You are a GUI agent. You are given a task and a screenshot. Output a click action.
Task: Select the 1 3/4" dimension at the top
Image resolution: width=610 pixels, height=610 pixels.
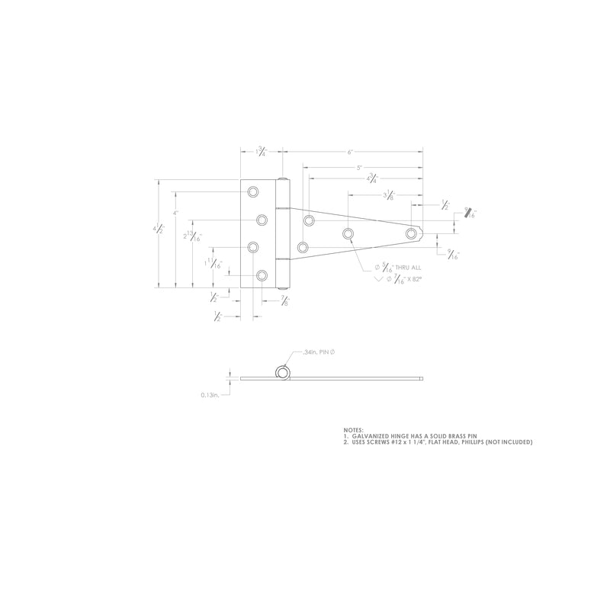[x=262, y=152]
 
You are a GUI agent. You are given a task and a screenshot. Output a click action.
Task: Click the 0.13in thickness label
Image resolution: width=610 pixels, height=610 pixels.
[x=210, y=395]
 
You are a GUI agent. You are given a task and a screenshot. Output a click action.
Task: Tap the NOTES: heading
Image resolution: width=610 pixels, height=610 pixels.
[x=353, y=429]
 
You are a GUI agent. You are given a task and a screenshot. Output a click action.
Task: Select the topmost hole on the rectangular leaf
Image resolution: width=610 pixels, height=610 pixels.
[x=253, y=191]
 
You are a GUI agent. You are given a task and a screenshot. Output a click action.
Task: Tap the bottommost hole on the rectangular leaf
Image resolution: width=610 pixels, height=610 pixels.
[x=262, y=275]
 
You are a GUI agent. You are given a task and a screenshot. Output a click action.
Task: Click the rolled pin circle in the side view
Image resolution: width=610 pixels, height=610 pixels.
[x=281, y=373]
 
